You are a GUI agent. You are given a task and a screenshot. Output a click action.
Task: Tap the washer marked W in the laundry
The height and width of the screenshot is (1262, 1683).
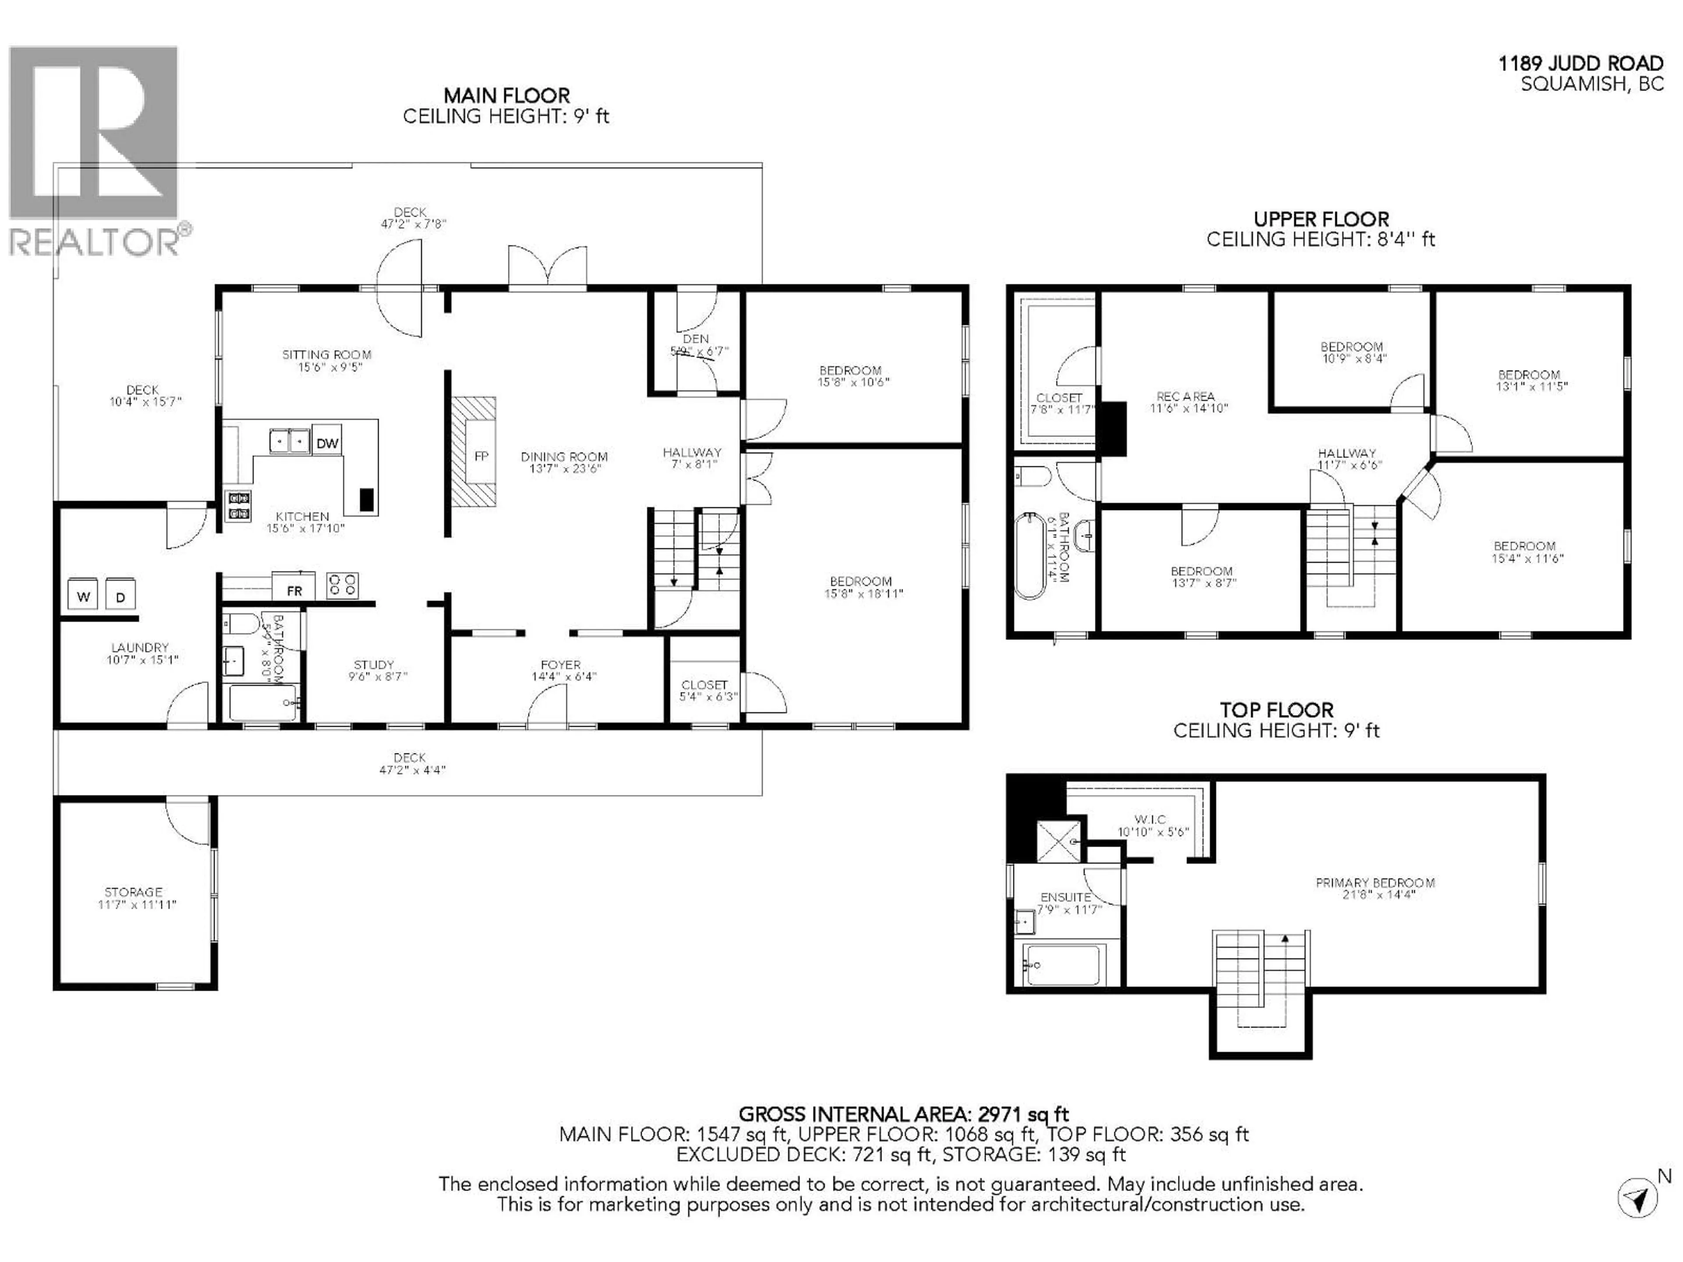[x=83, y=596]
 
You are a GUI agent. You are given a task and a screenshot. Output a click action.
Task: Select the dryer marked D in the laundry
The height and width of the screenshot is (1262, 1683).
[x=120, y=596]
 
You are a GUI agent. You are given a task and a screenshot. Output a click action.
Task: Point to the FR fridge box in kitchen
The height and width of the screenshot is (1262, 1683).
[x=294, y=590]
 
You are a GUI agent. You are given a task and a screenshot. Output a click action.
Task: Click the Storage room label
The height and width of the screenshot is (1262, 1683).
[x=134, y=892]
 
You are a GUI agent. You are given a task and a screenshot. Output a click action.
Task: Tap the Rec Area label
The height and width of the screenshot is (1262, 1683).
[x=1186, y=396]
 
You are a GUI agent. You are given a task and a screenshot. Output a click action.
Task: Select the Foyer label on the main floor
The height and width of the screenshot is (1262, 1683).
[x=561, y=664]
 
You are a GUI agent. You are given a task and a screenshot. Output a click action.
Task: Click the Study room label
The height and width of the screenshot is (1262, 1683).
[x=373, y=664]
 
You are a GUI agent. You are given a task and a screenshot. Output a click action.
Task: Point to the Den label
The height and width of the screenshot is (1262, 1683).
[x=696, y=339]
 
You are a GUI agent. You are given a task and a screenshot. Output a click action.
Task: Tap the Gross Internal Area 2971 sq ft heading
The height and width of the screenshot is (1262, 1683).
[x=903, y=1114]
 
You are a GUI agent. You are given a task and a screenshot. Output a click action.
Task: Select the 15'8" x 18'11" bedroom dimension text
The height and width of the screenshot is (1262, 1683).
[x=863, y=593]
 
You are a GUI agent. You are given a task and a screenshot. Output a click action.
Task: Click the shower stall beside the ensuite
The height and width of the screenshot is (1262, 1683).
[x=1058, y=840]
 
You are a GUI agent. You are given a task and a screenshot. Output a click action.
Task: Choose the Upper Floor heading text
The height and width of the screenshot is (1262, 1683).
[x=1321, y=219]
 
